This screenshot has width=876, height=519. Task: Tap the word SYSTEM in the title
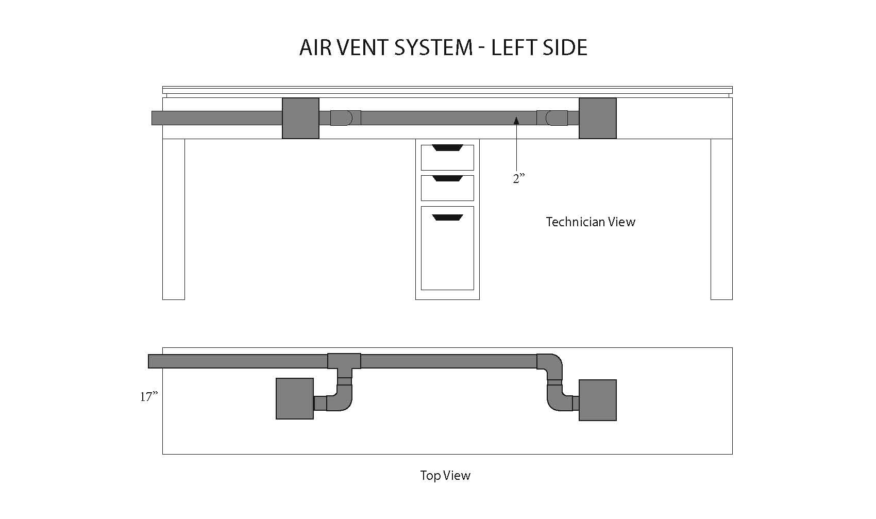[433, 47]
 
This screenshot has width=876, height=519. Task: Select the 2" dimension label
[518, 178]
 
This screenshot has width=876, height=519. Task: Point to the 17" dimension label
[149, 396]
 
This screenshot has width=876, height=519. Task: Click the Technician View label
[591, 222]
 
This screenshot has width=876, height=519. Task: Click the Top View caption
[445, 475]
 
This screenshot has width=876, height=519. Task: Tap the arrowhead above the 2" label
[516, 121]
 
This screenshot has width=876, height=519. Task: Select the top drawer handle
[447, 148]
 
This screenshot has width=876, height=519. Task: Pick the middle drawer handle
[447, 178]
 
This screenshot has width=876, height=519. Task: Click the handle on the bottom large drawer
[447, 217]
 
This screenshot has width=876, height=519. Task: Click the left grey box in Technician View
[300, 118]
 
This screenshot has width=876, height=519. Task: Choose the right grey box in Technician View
[598, 118]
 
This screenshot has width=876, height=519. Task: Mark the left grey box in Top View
[295, 398]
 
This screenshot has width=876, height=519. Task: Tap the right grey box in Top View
[598, 400]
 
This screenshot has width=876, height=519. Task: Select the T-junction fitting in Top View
[344, 363]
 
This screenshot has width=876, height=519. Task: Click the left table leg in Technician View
[174, 219]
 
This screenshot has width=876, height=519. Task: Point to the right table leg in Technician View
[721, 219]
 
